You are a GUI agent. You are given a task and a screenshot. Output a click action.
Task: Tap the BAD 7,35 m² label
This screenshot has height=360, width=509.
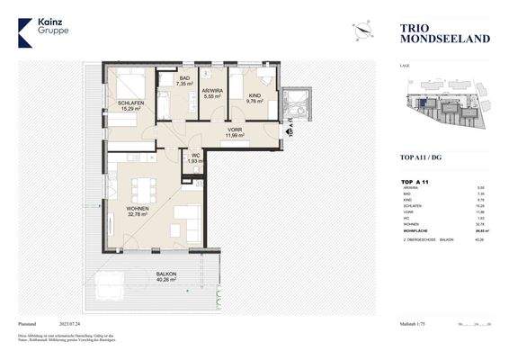pos(184,82)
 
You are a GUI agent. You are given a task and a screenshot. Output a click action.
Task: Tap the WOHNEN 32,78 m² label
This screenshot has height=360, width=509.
pos(138,211)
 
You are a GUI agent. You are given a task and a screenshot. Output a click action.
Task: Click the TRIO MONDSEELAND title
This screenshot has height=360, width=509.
pos(432,34)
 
